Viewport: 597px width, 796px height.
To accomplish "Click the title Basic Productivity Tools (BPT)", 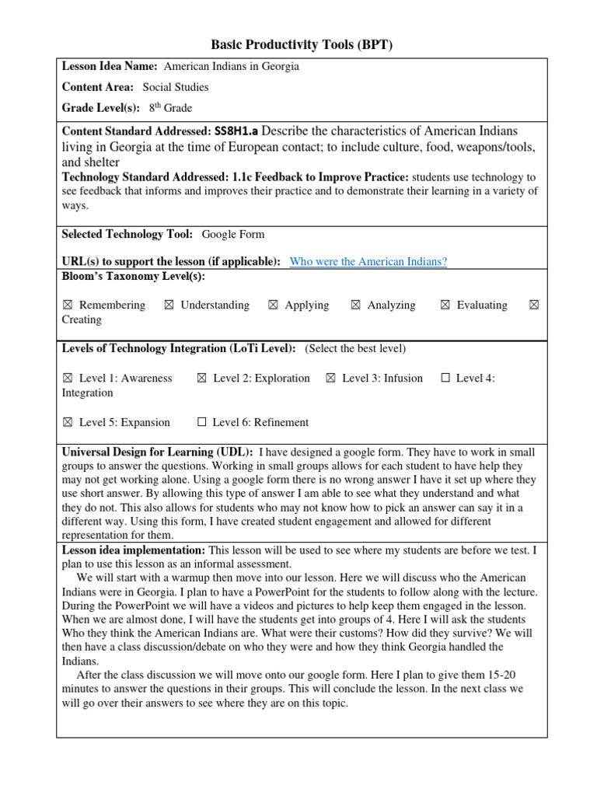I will [x=302, y=45].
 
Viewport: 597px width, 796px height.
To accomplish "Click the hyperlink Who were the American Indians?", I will [x=368, y=262].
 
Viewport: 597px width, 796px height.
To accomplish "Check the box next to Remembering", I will [x=68, y=305].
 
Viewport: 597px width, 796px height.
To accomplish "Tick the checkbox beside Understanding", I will [x=169, y=305].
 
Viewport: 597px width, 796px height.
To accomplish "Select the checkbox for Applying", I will [x=273, y=305].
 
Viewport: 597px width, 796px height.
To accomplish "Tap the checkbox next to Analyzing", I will [x=355, y=305].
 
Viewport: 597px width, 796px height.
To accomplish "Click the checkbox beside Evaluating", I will [x=445, y=305].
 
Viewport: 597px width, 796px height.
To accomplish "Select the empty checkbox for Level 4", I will [x=445, y=379].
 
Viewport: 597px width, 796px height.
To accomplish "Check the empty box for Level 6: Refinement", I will [x=202, y=423].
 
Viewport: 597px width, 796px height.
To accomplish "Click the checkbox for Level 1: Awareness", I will [x=68, y=379].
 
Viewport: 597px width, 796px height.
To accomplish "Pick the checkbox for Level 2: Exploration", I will [x=201, y=379].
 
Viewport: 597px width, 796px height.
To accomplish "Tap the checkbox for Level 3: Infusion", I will [x=330, y=379].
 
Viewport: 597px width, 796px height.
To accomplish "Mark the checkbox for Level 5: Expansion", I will [x=68, y=423].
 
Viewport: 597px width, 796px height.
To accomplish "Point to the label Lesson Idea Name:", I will [x=110, y=67].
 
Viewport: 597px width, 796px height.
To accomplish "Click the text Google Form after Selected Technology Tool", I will [x=232, y=234].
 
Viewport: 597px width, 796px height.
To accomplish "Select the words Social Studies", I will [x=175, y=87].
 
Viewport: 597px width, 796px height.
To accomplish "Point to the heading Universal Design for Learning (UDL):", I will [x=157, y=452].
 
